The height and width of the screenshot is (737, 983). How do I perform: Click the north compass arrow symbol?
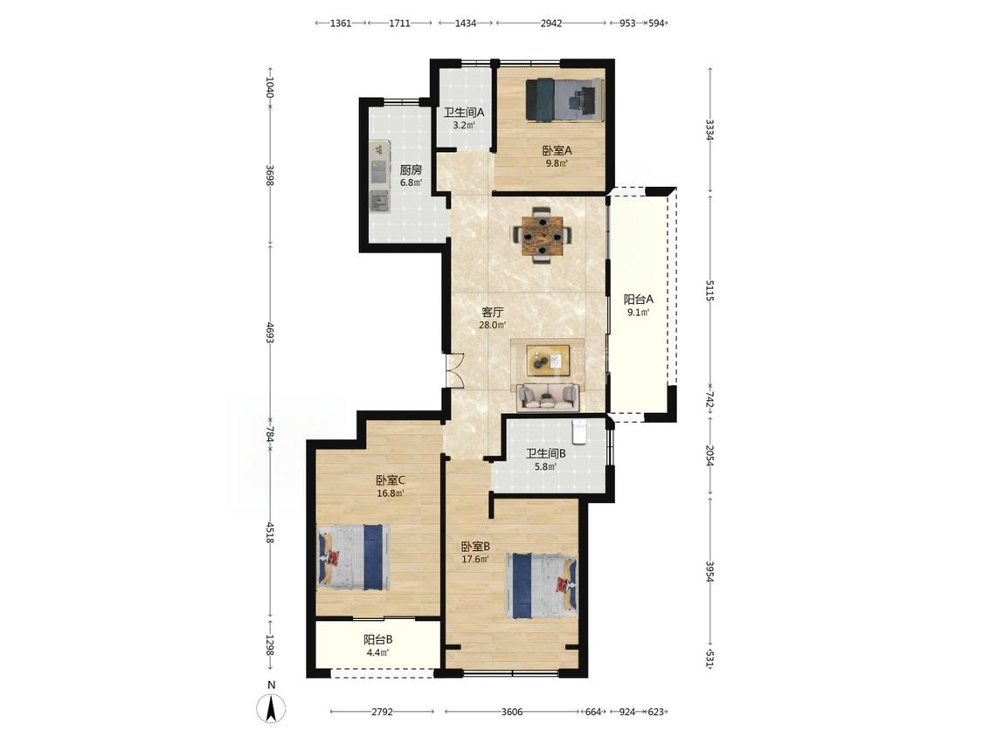click(271, 709)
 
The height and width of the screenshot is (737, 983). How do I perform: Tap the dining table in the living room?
click(543, 235)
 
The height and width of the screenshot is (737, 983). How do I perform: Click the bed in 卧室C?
click(354, 557)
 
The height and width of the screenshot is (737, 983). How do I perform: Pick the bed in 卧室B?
click(543, 585)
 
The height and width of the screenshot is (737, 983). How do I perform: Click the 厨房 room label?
click(411, 169)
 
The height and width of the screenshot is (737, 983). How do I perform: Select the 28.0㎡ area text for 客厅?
click(492, 325)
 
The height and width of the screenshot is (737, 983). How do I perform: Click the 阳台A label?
click(638, 299)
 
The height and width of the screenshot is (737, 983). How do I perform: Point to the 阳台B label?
click(378, 640)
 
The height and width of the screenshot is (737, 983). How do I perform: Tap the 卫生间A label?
click(464, 113)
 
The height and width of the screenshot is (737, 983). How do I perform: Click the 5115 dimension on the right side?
click(710, 290)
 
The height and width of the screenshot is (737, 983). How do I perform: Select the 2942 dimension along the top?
click(551, 24)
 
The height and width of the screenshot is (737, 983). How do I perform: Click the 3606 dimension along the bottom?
click(512, 712)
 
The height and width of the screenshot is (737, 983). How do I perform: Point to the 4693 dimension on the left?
click(270, 333)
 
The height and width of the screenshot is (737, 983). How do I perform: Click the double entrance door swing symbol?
click(453, 369)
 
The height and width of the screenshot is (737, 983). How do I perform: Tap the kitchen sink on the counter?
click(378, 201)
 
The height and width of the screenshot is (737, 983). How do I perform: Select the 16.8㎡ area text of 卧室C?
click(390, 492)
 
